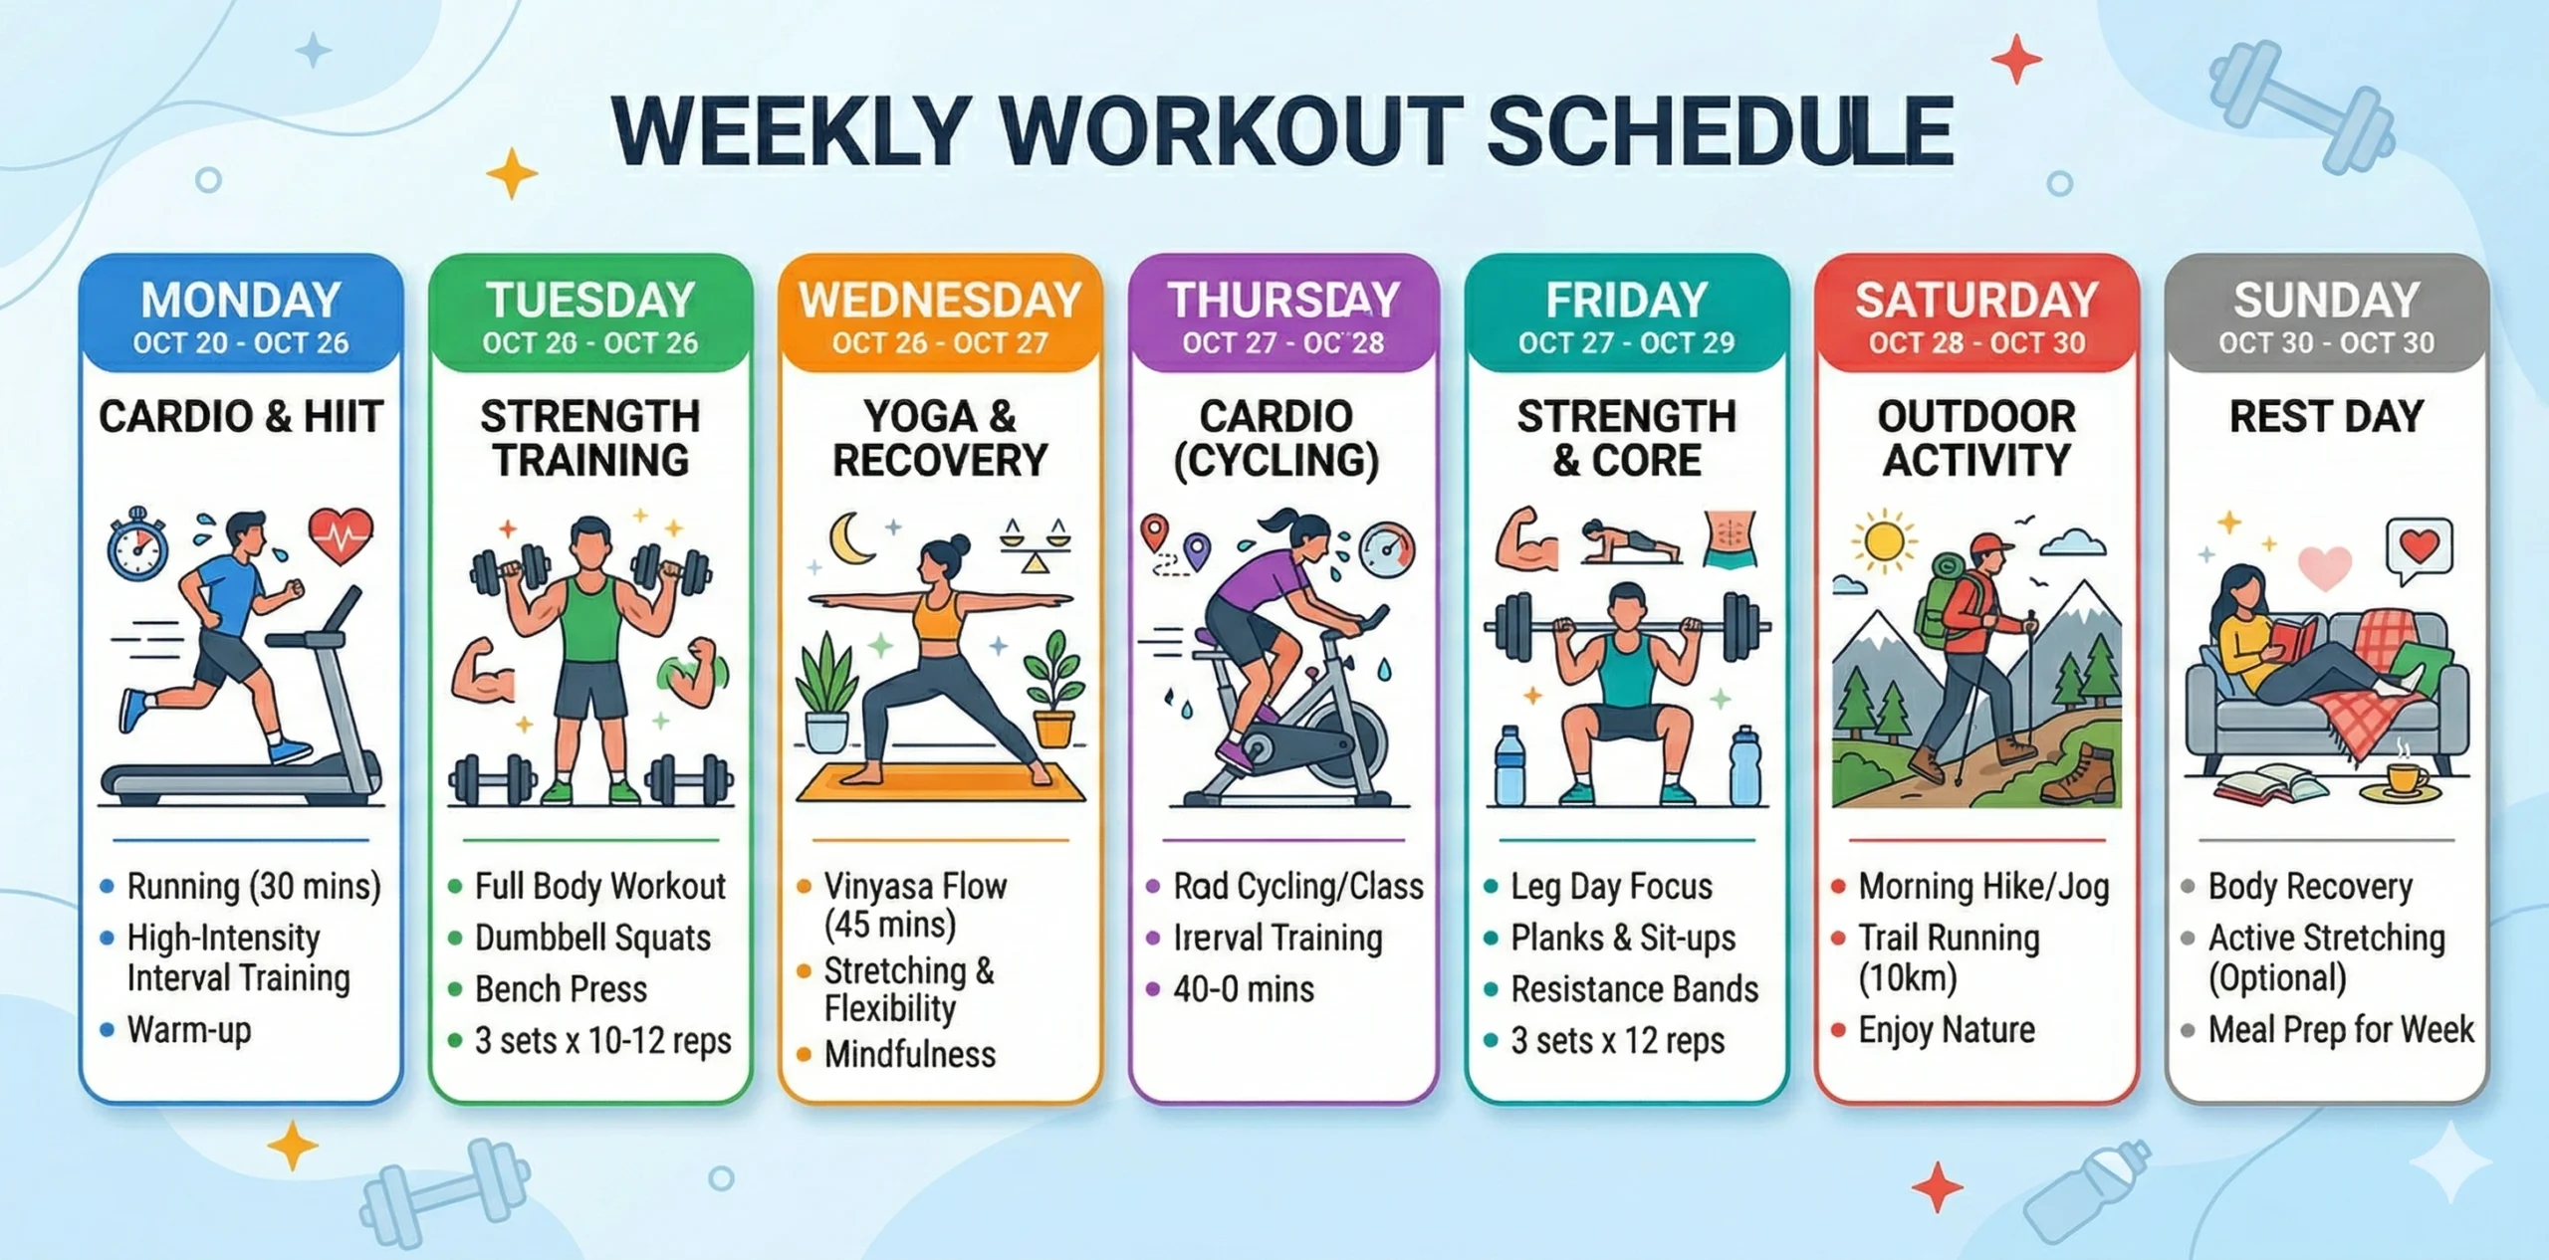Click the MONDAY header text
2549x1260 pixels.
241,300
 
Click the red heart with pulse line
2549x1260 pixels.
341,536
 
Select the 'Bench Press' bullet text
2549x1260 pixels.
561,989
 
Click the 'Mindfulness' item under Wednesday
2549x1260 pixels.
909,1054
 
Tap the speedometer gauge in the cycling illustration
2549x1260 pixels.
1387,550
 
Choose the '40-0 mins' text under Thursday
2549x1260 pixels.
1244,989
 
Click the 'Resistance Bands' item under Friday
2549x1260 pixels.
1634,989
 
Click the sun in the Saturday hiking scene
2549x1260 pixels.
1883,542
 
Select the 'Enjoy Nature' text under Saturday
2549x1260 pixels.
1946,1029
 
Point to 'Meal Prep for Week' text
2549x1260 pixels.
2340,1029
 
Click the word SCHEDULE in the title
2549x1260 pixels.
1720,131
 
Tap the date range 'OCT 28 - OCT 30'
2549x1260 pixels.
1976,342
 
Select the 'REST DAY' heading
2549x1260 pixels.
2326,416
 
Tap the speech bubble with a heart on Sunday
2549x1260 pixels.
2419,547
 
